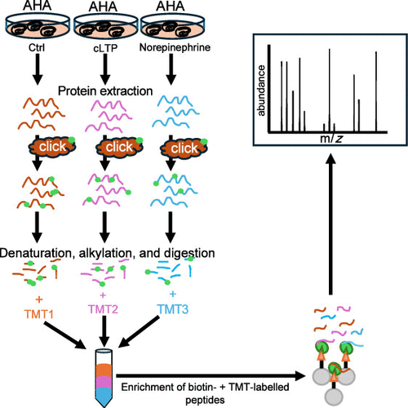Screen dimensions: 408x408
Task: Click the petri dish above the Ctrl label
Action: pyautogui.click(x=38, y=27)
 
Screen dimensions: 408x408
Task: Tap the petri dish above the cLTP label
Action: pyautogui.click(x=105, y=27)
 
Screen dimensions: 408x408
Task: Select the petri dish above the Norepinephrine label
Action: pyautogui.click(x=172, y=27)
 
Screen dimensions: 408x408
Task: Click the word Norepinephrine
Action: pyautogui.click(x=175, y=47)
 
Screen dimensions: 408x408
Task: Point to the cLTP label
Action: pyautogui.click(x=105, y=48)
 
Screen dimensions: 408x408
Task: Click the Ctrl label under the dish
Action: pyautogui.click(x=37, y=47)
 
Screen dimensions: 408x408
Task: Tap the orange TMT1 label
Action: pyautogui.click(x=39, y=314)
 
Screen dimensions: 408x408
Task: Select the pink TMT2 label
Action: pyautogui.click(x=103, y=309)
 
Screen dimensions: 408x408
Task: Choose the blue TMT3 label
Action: pyautogui.click(x=173, y=309)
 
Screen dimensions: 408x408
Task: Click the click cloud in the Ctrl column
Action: pyautogui.click(x=52, y=147)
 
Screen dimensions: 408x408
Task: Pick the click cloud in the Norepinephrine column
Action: pyautogui.click(x=184, y=148)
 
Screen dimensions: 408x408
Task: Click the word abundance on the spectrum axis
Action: pyautogui.click(x=261, y=91)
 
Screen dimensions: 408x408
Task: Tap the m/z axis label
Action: pyautogui.click(x=331, y=139)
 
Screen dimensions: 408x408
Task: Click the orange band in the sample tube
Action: pyautogui.click(x=104, y=370)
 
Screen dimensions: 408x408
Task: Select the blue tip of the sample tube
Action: pyautogui.click(x=104, y=397)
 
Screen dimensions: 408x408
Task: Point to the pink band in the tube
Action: pyautogui.click(x=104, y=383)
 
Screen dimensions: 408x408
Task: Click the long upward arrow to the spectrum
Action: pyautogui.click(x=330, y=224)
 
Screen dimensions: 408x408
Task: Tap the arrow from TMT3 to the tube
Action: pyautogui.click(x=139, y=332)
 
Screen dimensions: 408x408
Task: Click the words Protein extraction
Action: pyautogui.click(x=105, y=91)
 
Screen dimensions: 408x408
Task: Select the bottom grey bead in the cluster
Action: pyautogui.click(x=335, y=397)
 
